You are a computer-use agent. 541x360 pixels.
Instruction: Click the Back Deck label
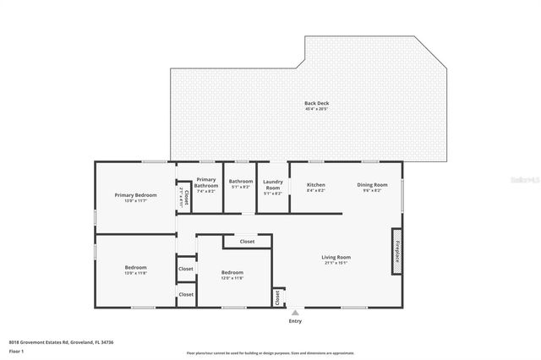point(316,103)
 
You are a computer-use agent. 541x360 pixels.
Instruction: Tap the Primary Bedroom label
point(136,195)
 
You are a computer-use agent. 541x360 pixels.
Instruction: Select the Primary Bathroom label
point(206,182)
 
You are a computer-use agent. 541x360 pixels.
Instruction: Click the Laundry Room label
point(273,184)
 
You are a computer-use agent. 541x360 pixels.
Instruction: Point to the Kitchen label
point(315,184)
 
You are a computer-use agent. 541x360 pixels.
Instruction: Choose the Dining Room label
point(372,184)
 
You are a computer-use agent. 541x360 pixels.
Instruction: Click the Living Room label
point(336,257)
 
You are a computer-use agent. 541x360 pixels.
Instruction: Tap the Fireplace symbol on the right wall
point(396,251)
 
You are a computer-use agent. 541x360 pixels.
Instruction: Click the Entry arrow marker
point(295,312)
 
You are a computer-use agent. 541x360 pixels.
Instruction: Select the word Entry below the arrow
point(295,321)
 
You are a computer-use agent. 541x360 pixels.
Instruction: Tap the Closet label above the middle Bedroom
point(247,242)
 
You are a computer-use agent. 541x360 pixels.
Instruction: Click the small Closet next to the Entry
point(276,297)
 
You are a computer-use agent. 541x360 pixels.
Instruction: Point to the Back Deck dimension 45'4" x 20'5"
point(316,109)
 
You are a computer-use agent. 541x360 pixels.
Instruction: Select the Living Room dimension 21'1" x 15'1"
point(336,263)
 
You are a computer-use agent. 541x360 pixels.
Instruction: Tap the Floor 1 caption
point(16,351)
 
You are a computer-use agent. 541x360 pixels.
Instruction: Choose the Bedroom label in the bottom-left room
point(135,267)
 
